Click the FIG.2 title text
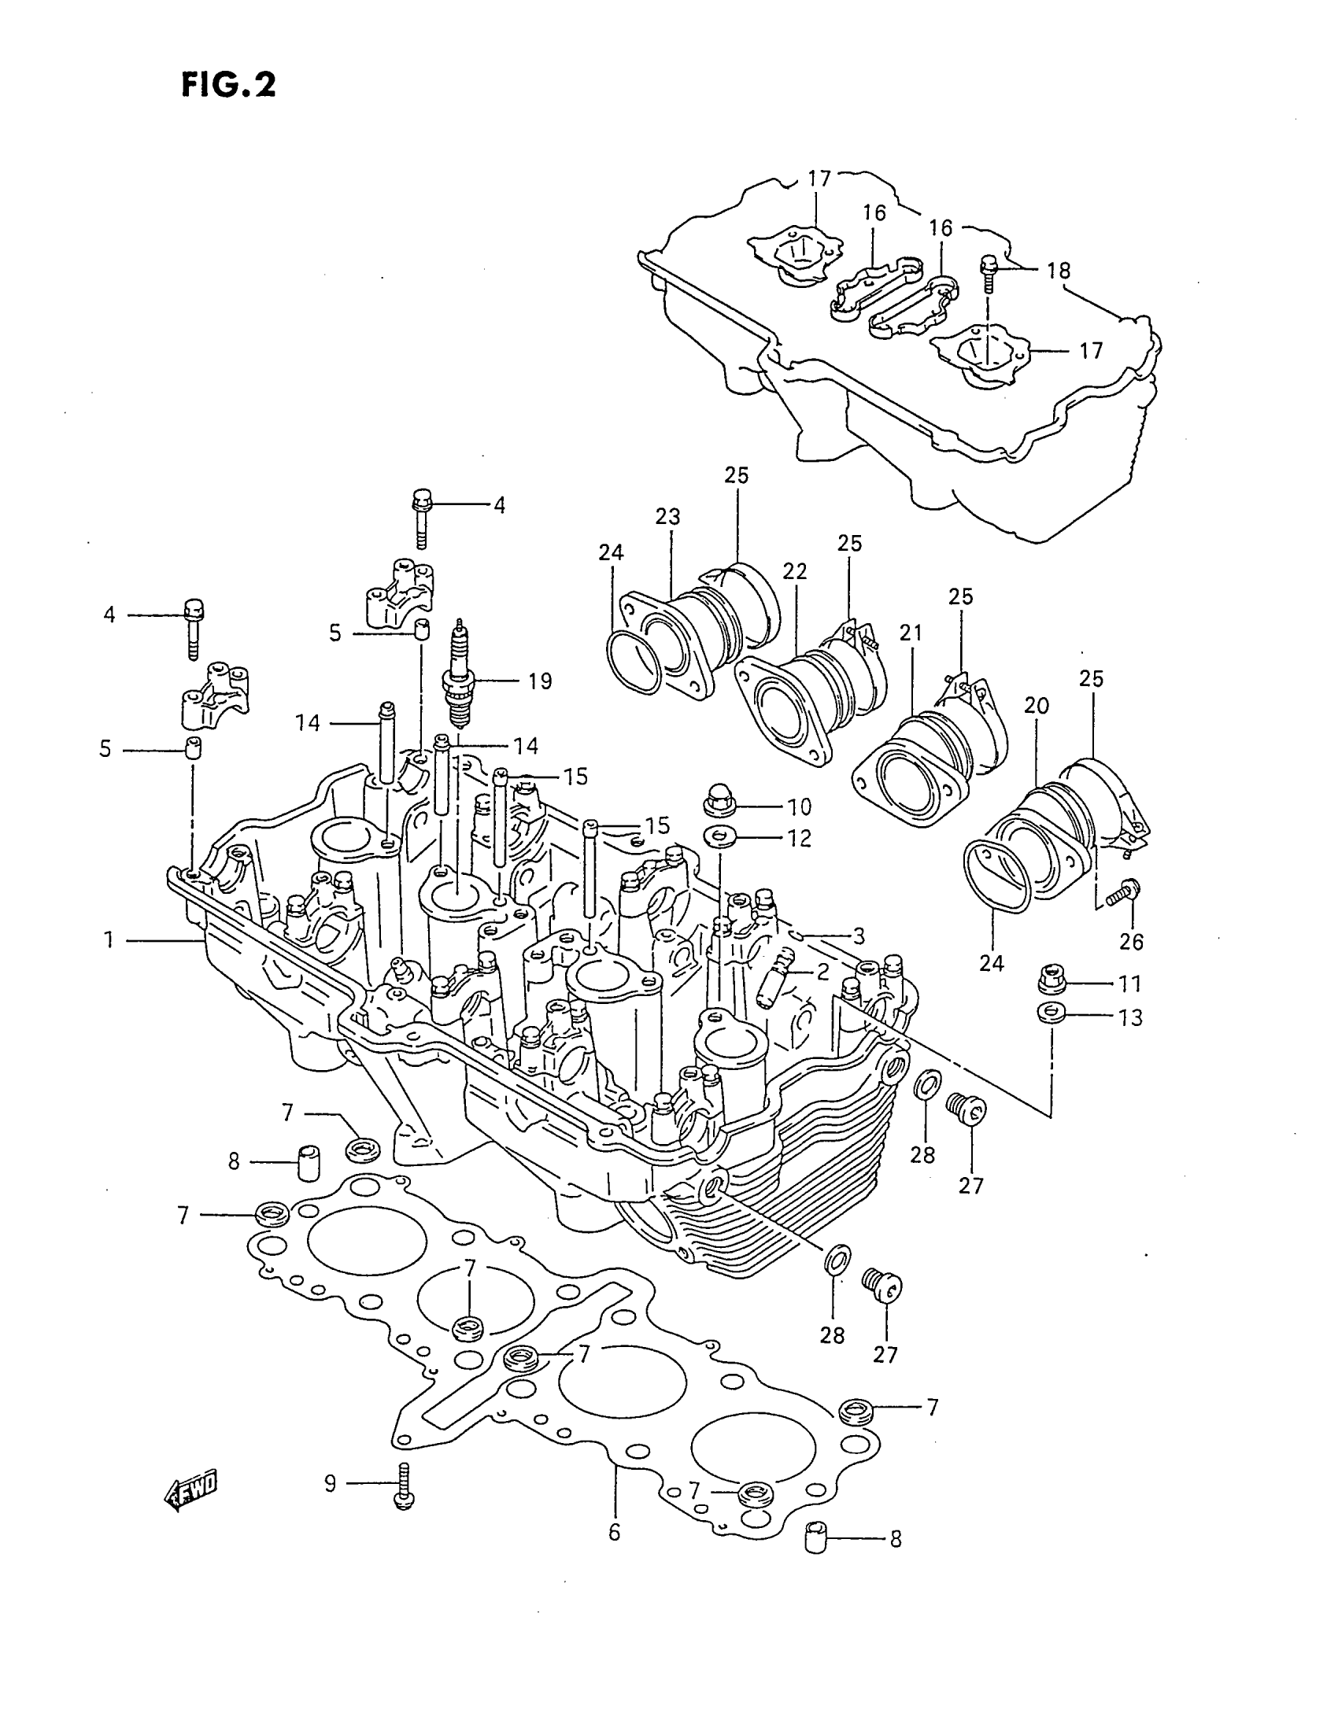coord(228,84)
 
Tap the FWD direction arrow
coord(190,1494)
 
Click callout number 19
coord(540,681)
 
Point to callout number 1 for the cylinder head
coord(109,940)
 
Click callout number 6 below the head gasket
coord(615,1532)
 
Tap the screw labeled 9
coord(405,1486)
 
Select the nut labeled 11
coord(1049,980)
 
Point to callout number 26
coord(1131,941)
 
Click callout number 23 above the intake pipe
coord(667,517)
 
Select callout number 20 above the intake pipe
coord(1036,705)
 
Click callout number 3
coord(859,936)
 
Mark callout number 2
coord(822,971)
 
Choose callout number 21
coord(911,633)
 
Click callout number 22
coord(794,570)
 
